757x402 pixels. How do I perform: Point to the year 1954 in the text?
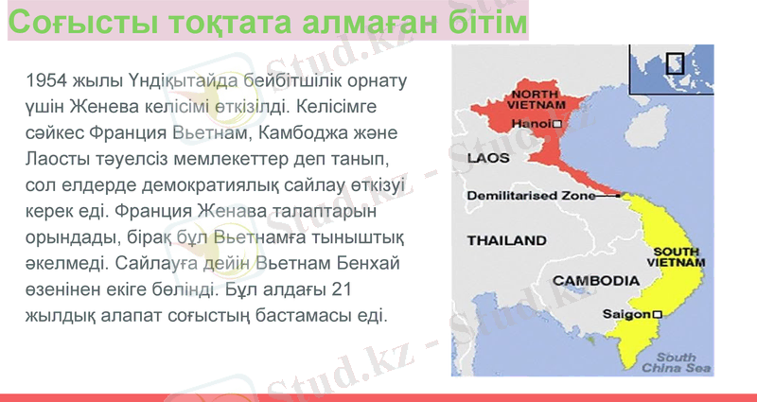[x=48, y=79]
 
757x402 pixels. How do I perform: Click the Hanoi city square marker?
[x=557, y=124]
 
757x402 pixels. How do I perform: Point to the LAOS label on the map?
[x=488, y=157]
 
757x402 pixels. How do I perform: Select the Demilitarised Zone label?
[x=530, y=197]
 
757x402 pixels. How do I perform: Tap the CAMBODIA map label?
[x=595, y=280]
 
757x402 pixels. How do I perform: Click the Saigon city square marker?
[x=657, y=313]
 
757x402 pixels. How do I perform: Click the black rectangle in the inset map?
[x=675, y=63]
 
